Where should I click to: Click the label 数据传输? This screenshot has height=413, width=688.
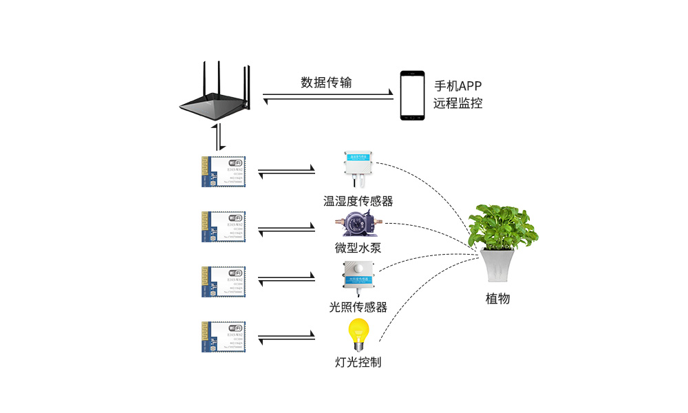[x=326, y=83]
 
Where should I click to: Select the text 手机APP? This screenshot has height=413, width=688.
[x=458, y=86]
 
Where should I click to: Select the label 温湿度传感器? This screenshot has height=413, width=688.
[x=358, y=201]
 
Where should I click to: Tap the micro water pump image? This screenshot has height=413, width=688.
[x=357, y=226]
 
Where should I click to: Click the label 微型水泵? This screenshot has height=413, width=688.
[x=357, y=248]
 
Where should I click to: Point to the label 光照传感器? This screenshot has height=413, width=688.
[x=358, y=307]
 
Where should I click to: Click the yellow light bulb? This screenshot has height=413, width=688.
[x=357, y=333]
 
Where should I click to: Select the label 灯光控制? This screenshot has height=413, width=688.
[x=357, y=361]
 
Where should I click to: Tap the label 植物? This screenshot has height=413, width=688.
[x=497, y=299]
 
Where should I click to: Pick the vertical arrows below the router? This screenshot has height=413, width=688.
[x=219, y=138]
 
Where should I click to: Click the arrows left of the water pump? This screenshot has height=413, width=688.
[x=286, y=226]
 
